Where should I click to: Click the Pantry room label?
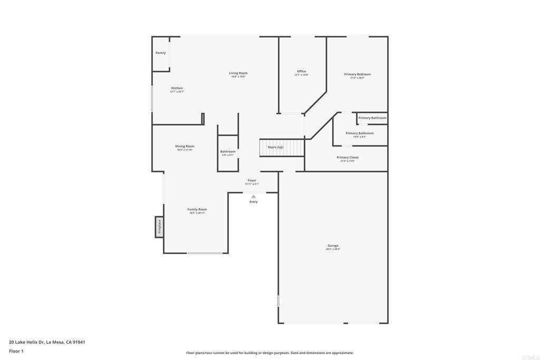point(160,53)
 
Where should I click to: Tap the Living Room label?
point(238,73)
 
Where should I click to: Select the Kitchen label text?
point(177,88)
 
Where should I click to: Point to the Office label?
point(301,71)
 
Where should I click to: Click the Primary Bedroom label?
point(357,74)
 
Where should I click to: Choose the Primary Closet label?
point(348,157)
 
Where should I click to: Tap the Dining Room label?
point(185,146)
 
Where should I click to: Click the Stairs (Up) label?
point(275,147)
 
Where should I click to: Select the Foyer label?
point(252,180)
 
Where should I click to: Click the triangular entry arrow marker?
point(253,197)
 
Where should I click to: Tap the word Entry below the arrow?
point(253,202)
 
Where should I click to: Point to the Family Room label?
point(197,209)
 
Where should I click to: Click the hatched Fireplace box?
point(159,227)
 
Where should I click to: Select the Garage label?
point(333,246)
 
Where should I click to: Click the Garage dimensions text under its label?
point(333,249)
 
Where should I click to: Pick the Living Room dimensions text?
point(238,77)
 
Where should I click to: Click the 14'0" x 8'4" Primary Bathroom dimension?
point(359,137)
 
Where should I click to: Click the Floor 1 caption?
point(16,351)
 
